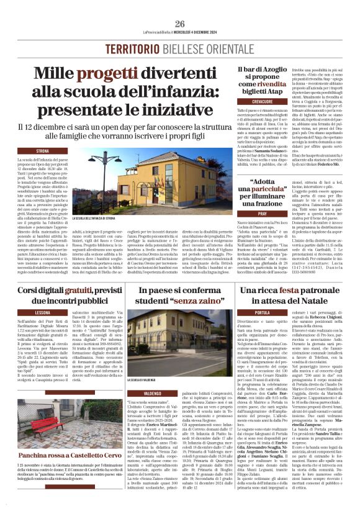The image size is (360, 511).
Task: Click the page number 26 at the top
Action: pyautogui.click(x=180, y=24)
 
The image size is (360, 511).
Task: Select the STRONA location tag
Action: pyautogui.click(x=43, y=151)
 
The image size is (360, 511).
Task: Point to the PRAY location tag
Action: pyautogui.click(x=263, y=213)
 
